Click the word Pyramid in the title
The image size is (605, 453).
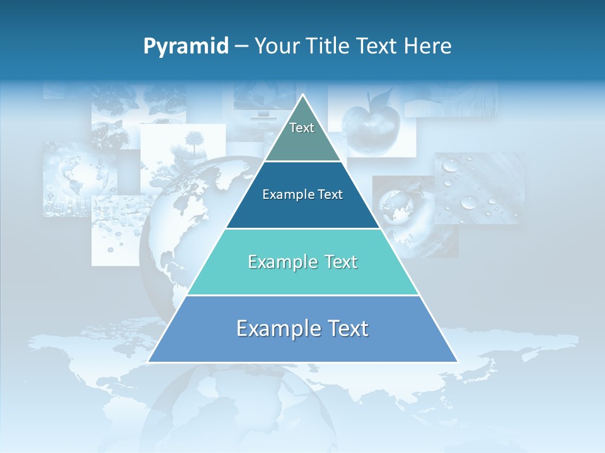pyautogui.click(x=186, y=47)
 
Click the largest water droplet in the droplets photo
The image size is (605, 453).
pyautogui.click(x=469, y=202)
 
